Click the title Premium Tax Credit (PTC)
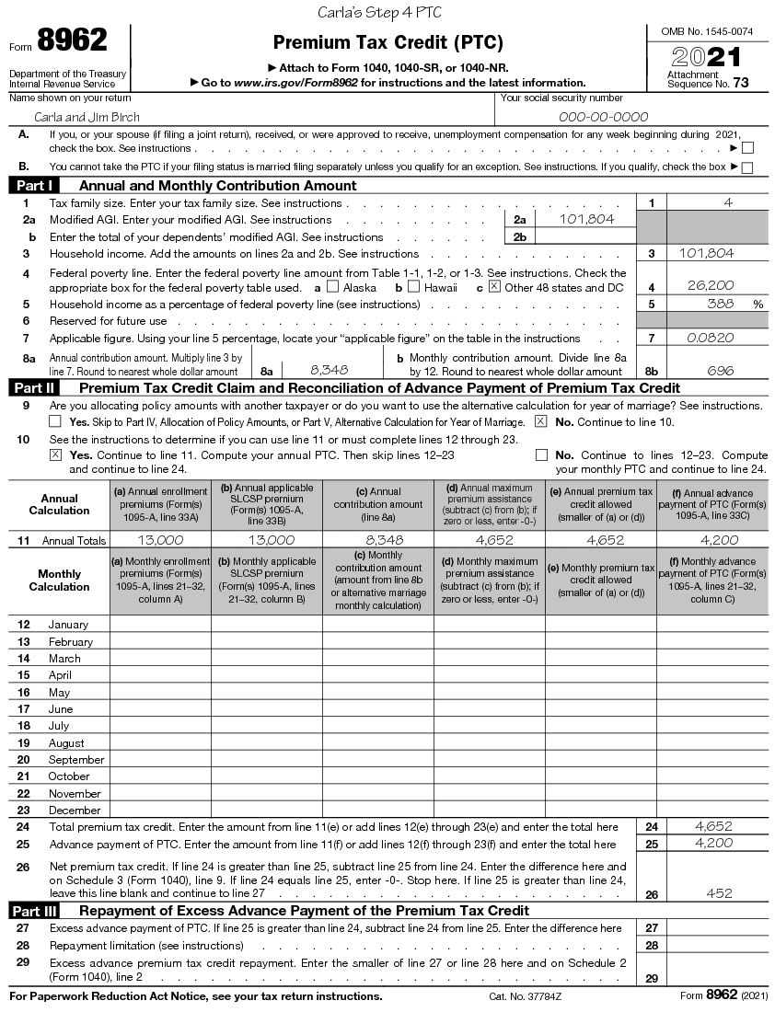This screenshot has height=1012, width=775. [x=387, y=43]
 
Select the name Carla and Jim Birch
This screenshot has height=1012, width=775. [x=87, y=117]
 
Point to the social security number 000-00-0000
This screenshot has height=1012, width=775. [x=603, y=117]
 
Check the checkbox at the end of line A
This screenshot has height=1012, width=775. [x=747, y=147]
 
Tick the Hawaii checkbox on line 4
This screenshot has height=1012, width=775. [x=413, y=286]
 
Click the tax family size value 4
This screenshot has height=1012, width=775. [x=728, y=202]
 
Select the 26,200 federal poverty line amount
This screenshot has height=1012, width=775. [x=711, y=286]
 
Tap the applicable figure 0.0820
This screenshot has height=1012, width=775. [x=711, y=338]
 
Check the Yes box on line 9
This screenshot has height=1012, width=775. [x=55, y=421]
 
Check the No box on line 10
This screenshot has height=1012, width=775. [x=541, y=454]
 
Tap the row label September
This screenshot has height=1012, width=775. [x=75, y=760]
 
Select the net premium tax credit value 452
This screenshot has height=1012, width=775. [x=719, y=893]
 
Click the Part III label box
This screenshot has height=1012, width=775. [x=35, y=911]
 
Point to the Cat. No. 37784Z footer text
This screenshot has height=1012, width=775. [x=526, y=996]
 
